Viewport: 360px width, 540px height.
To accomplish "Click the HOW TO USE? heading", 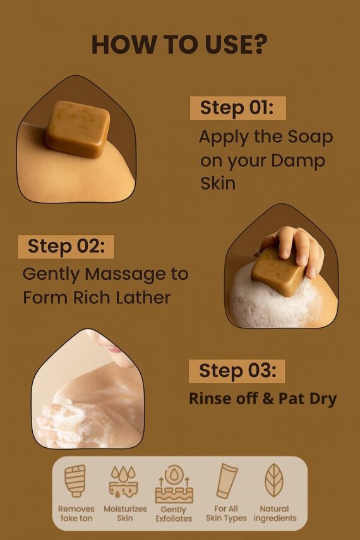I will (x=179, y=44).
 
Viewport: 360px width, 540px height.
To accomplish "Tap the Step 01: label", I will (x=237, y=108).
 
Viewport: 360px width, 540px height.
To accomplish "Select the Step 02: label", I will (x=65, y=246).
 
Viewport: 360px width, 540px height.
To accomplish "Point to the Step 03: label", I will (x=237, y=371).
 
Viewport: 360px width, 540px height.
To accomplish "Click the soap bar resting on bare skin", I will (x=78, y=128).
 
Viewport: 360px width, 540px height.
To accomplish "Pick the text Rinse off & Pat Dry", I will (x=263, y=399).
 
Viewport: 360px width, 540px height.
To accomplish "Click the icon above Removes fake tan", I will (x=76, y=481).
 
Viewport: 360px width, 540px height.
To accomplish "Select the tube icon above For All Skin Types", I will (x=226, y=481).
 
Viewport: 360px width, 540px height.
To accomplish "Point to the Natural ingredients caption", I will (x=275, y=513).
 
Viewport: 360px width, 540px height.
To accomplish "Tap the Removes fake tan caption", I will (x=76, y=513).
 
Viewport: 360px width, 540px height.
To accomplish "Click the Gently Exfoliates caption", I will (x=174, y=514).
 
